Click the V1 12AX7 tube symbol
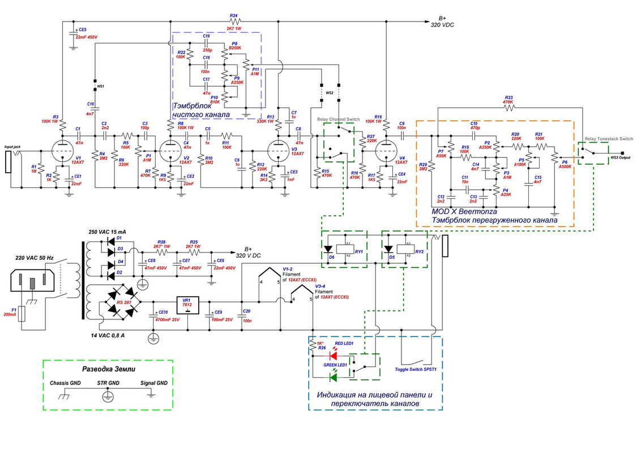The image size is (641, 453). pyautogui.click(x=62, y=149)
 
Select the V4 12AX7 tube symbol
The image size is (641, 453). pyautogui.click(x=385, y=149)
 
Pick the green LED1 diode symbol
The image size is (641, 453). pyautogui.click(x=334, y=377)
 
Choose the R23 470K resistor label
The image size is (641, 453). pyautogui.click(x=508, y=99)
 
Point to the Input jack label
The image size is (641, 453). pyautogui.click(x=13, y=146)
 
